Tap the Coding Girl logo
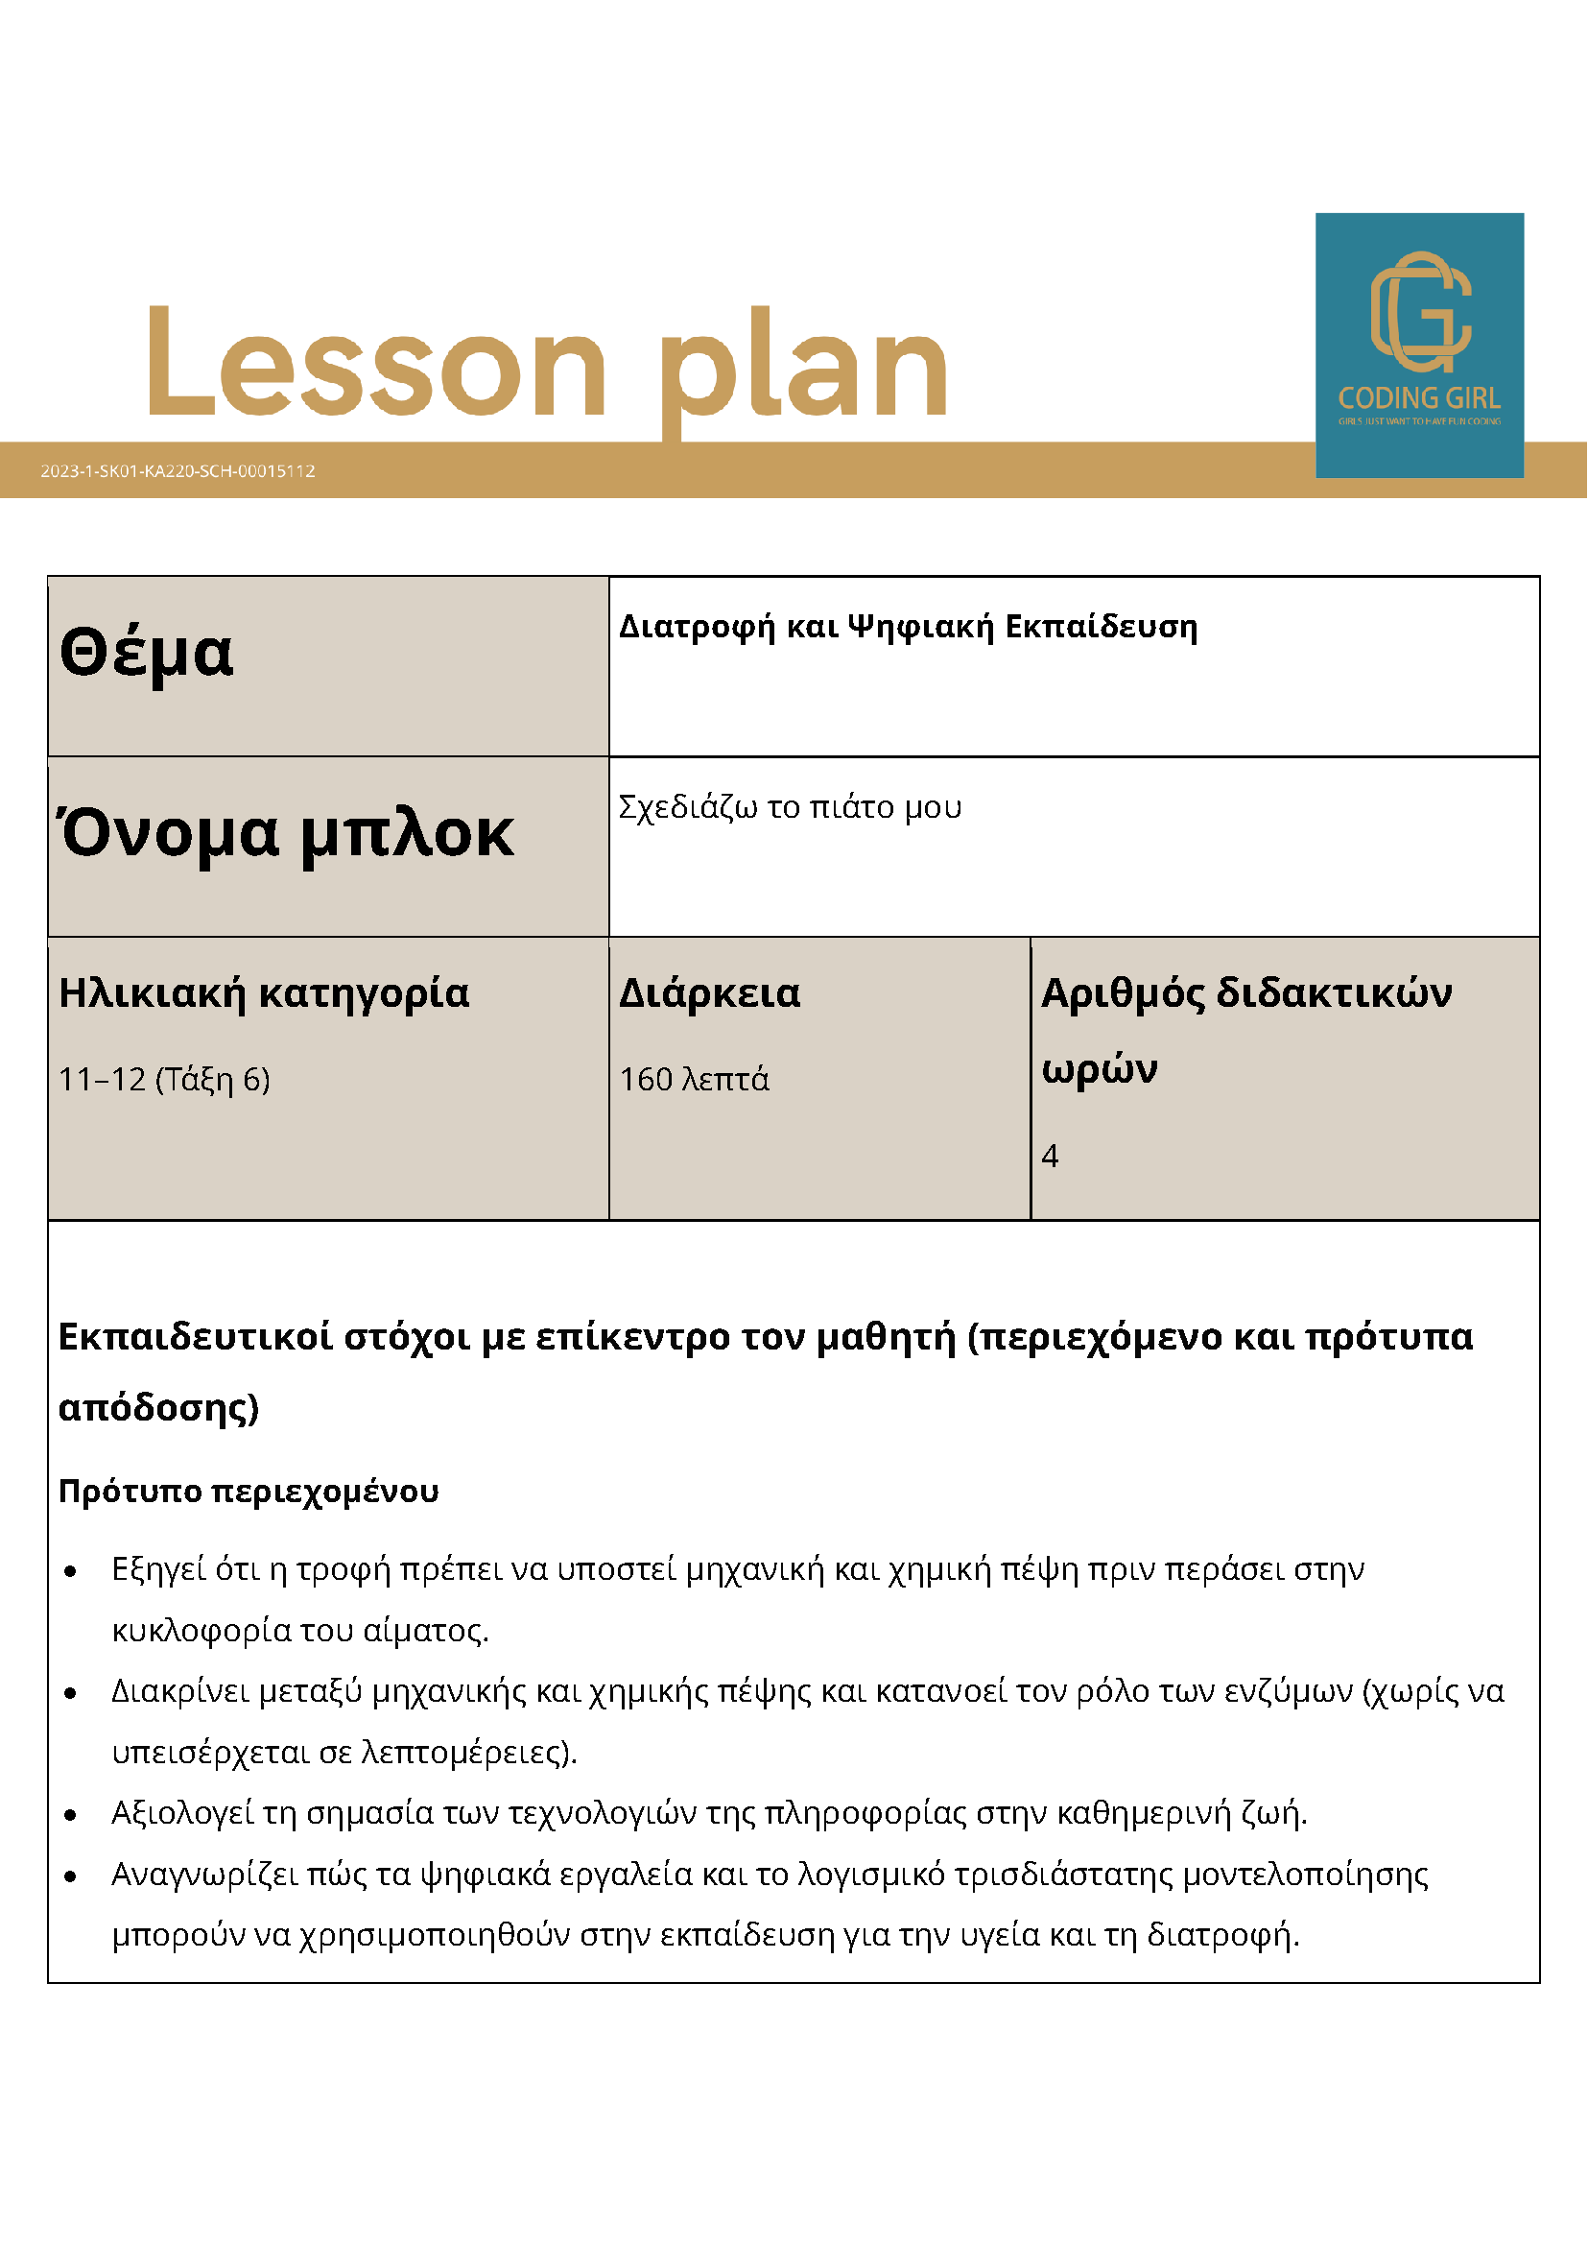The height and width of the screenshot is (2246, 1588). pos(1419,345)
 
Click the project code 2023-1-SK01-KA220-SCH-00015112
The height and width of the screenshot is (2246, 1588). pos(178,470)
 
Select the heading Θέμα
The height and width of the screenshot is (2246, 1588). pos(147,653)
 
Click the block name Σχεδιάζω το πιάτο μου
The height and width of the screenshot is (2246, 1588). pos(789,807)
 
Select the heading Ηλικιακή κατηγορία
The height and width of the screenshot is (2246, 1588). pos(264,992)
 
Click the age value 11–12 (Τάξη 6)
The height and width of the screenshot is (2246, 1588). pos(164,1079)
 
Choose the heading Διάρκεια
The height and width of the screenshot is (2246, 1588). pos(710,992)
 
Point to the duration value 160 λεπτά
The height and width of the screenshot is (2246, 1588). pos(695,1079)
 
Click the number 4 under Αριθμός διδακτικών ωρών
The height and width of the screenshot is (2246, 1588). pos(1051,1157)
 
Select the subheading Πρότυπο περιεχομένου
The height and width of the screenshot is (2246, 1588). pos(249,1491)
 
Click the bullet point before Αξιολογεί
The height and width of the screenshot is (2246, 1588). pos(70,1815)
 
